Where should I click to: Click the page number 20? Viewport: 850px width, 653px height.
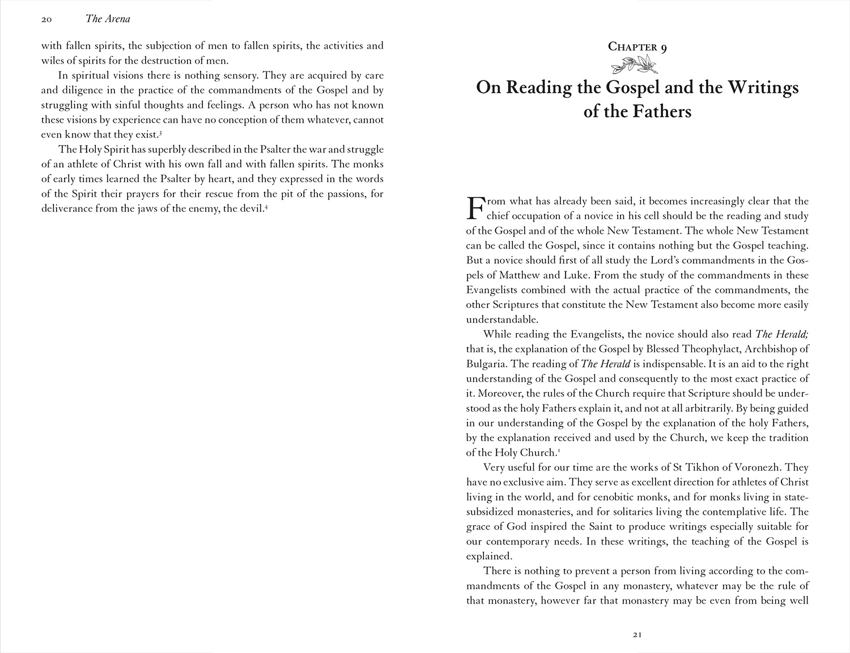46,19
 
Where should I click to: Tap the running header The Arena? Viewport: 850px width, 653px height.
108,19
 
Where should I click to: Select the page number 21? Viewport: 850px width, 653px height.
637,635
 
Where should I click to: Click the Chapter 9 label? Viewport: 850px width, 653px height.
637,47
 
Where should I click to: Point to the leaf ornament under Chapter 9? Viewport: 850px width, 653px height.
637,67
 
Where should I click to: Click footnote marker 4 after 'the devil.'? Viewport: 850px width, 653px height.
266,207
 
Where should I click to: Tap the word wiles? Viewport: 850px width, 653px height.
54,61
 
